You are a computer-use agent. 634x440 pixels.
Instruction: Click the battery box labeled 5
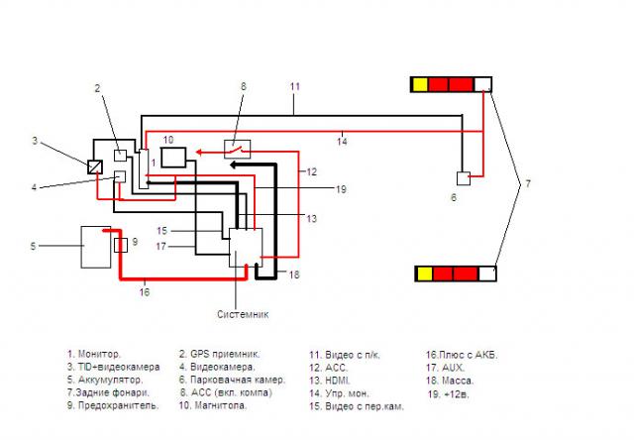pyautogui.click(x=96, y=246)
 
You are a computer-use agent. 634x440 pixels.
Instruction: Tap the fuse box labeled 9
pyautogui.click(x=120, y=245)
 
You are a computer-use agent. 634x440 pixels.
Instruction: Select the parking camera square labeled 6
pyautogui.click(x=462, y=178)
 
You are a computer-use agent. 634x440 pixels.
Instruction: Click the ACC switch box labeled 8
pyautogui.click(x=237, y=149)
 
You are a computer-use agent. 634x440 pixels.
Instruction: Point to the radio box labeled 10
pyautogui.click(x=173, y=156)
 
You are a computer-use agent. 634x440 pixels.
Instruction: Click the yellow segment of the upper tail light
pyautogui.click(x=420, y=84)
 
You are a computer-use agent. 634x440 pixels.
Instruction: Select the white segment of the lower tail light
pyautogui.click(x=485, y=273)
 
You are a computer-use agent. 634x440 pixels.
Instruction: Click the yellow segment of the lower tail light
pyautogui.click(x=423, y=273)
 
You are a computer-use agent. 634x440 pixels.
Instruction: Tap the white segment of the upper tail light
pyautogui.click(x=482, y=84)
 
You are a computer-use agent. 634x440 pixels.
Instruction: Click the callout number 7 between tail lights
pyautogui.click(x=528, y=184)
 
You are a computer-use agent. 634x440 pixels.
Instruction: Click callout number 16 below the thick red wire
pyautogui.click(x=144, y=292)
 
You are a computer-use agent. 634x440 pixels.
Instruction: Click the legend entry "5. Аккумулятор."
pyautogui.click(x=106, y=380)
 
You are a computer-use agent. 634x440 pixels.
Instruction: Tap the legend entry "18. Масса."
pyautogui.click(x=450, y=380)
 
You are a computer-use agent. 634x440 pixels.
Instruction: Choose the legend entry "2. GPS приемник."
pyautogui.click(x=220, y=353)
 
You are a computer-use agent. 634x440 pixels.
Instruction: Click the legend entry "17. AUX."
pyautogui.click(x=447, y=367)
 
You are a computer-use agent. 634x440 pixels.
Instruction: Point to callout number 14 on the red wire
pyautogui.click(x=341, y=140)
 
